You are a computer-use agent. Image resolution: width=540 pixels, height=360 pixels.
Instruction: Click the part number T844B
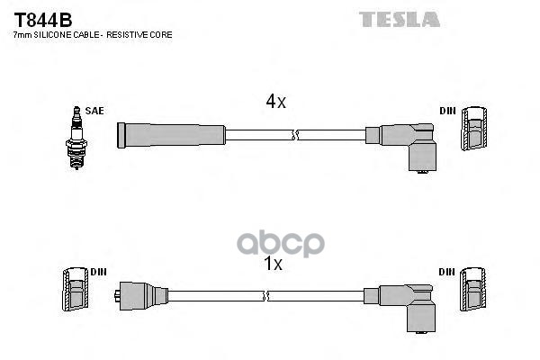point(42,18)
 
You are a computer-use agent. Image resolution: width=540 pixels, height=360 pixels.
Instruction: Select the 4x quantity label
point(275,103)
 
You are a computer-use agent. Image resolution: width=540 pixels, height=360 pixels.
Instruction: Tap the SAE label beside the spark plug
point(95,111)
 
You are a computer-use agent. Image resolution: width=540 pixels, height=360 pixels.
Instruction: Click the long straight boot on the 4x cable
point(171,135)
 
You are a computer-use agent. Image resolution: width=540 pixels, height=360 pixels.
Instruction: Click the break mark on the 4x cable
point(294,135)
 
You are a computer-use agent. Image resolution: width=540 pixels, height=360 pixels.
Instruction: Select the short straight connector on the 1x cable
point(140,295)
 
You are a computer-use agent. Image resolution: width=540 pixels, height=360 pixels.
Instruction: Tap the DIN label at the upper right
point(447,111)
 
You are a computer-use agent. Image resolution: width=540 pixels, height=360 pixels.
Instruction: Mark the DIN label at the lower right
point(447,271)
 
